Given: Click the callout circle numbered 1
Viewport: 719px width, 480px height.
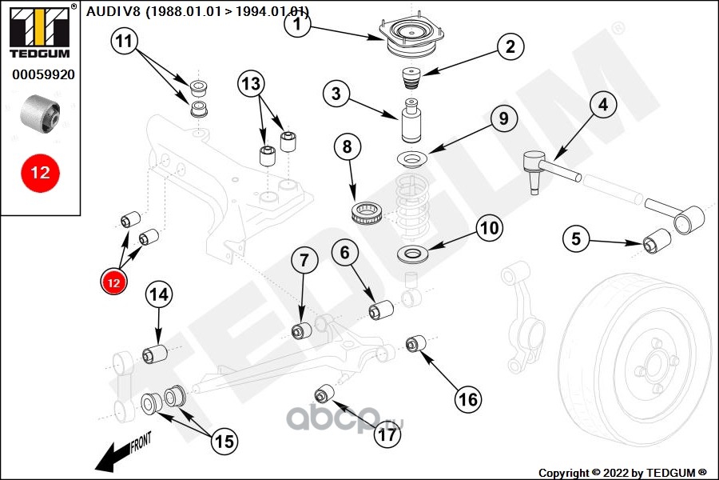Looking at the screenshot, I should tap(297, 25).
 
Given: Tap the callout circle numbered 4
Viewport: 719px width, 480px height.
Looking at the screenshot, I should tap(602, 105).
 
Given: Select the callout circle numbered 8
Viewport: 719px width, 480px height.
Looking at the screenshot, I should tap(348, 148).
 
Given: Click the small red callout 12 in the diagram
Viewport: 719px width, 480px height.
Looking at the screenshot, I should tap(113, 282).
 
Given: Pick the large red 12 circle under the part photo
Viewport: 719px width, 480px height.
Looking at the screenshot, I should tap(40, 172).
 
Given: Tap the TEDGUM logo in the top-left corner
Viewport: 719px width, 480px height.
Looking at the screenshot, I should tap(39, 29).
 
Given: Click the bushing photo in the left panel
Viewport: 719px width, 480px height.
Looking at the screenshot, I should tap(41, 113).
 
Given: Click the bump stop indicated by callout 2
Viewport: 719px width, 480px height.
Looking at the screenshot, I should tap(411, 79).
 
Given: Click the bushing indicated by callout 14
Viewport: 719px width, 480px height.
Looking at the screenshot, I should tap(155, 352).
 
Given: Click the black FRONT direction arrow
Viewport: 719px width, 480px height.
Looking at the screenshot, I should tap(120, 454).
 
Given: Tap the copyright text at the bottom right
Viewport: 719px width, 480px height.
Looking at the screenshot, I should tap(622, 472).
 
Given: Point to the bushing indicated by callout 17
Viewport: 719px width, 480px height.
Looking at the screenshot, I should tap(324, 394).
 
